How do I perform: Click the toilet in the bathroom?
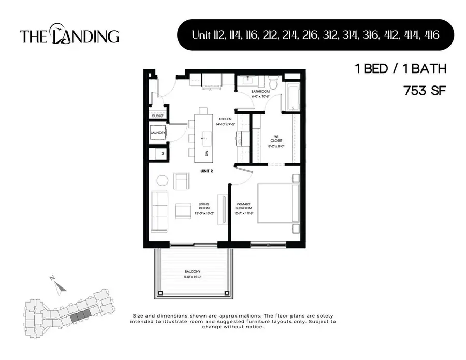(x=273, y=82)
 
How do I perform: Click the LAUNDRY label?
(x=158, y=133)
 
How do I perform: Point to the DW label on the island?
(x=206, y=153)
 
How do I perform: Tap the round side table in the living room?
(x=163, y=181)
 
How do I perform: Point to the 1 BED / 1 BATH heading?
(x=400, y=68)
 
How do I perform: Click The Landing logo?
(x=70, y=35)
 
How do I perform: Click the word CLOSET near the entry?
(x=157, y=116)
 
